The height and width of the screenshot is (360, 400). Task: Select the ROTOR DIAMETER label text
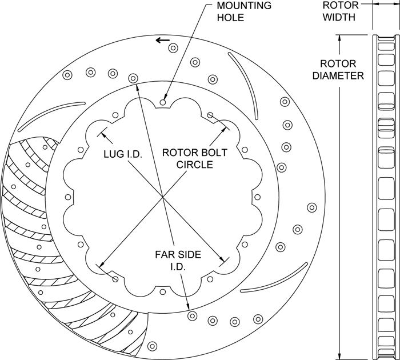coord(342,69)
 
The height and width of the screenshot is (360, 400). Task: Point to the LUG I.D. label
coord(123,154)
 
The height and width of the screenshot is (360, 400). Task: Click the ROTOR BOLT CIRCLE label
coord(194,159)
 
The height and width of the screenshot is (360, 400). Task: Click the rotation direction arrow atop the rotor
coord(163,41)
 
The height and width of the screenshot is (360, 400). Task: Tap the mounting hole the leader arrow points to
coord(163,102)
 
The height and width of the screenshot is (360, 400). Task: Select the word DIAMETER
coord(342,75)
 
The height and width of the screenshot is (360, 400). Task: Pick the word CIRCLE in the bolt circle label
coord(194,165)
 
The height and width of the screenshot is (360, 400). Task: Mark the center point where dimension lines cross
coord(163,197)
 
